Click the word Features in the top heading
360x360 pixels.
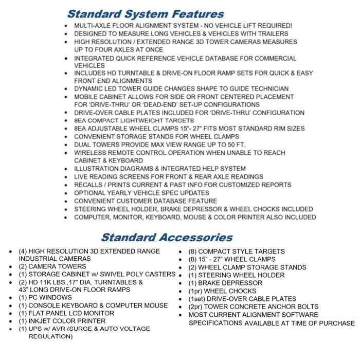191,14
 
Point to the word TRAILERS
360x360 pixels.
272,33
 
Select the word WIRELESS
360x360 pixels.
92,153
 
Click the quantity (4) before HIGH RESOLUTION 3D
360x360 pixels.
23,251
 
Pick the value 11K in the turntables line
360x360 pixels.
52,282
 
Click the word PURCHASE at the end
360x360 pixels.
335,323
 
